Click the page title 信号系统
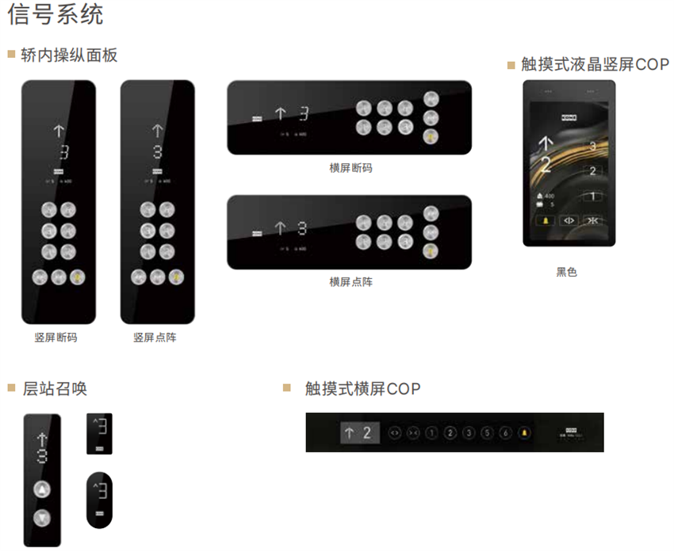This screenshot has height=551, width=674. [x=55, y=16]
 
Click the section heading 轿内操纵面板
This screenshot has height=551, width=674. [x=70, y=55]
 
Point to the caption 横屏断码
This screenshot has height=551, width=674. [x=350, y=168]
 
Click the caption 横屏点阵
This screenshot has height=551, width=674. [x=350, y=281]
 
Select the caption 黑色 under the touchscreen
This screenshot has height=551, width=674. [x=566, y=272]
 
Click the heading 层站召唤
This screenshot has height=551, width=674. [x=55, y=388]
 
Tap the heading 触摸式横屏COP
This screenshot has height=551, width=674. [x=362, y=388]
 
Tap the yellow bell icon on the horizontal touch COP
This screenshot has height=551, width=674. [x=523, y=433]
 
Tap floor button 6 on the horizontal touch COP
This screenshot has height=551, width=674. [x=505, y=433]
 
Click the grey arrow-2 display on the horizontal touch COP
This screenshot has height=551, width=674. [x=360, y=433]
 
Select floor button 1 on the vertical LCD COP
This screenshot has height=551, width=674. [x=591, y=197]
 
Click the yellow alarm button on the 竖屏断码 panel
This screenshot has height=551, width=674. [x=78, y=277]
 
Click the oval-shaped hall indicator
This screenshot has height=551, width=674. [x=99, y=499]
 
